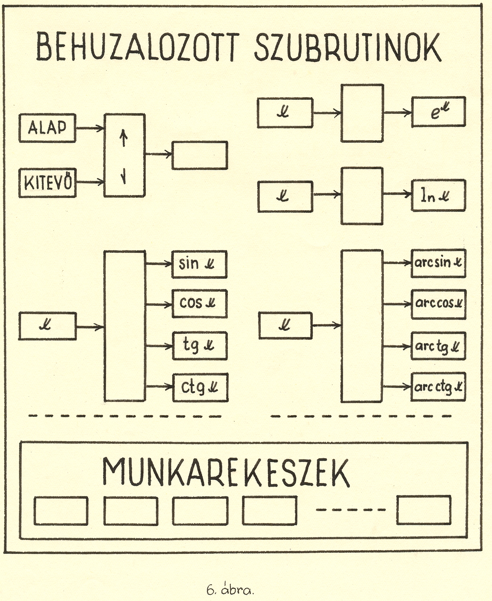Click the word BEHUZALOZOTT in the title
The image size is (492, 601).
[138, 48]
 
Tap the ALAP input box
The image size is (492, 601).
[47, 128]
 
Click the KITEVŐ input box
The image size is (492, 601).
[47, 183]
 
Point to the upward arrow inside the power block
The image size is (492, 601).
[124, 138]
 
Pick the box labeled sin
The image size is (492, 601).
[199, 264]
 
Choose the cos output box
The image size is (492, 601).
[200, 304]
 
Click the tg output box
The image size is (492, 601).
[200, 346]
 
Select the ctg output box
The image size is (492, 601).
[200, 388]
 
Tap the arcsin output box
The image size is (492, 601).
[438, 263]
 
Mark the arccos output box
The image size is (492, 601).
[438, 304]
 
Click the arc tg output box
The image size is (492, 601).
[438, 346]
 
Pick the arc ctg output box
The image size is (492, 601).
[438, 387]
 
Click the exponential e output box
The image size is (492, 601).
[438, 112]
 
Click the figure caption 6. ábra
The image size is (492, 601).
[230, 590]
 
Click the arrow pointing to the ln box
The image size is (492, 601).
[397, 194]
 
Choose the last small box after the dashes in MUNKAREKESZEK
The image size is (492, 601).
[424, 510]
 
